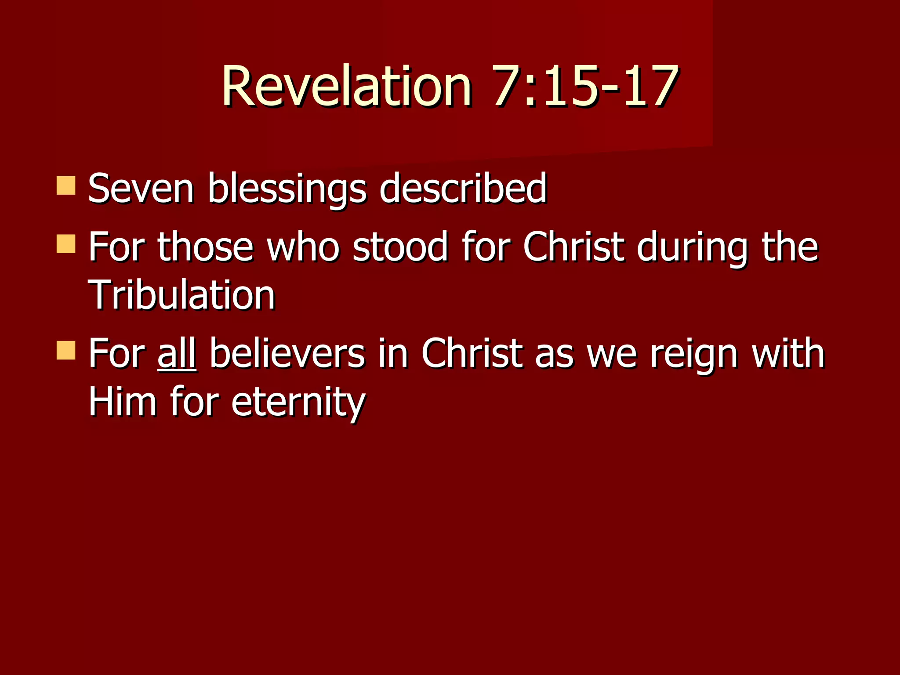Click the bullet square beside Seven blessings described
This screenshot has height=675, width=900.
(x=66, y=185)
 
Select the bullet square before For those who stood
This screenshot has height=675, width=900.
(x=66, y=244)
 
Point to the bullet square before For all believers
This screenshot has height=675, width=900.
(x=66, y=350)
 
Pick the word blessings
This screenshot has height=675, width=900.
(x=287, y=189)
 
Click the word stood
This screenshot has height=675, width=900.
(x=400, y=247)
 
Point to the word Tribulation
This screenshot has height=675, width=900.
(x=181, y=295)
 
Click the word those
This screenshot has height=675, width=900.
(x=205, y=247)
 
